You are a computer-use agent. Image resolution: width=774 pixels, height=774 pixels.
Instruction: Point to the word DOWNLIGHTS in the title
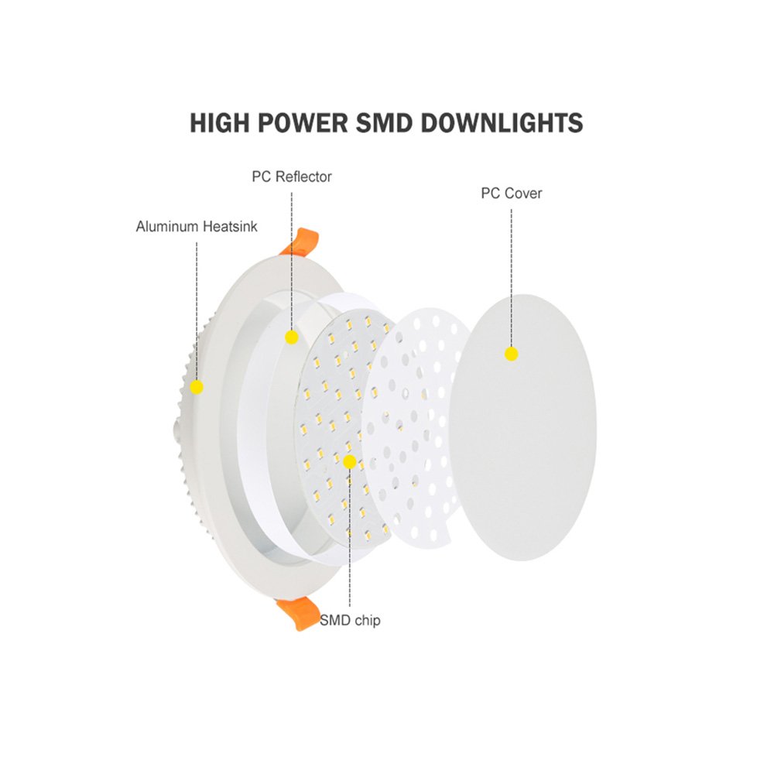(x=502, y=123)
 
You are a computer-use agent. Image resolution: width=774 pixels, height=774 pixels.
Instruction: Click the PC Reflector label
(x=292, y=176)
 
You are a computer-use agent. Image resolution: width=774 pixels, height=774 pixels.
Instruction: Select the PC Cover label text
(x=512, y=193)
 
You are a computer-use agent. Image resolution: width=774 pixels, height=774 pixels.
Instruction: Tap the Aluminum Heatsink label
(x=197, y=227)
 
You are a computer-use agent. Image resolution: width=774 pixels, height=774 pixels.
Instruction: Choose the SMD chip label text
(x=350, y=620)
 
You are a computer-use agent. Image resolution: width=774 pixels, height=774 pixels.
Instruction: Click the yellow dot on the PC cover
(x=512, y=354)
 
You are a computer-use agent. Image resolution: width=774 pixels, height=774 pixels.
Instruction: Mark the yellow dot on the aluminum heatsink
(x=197, y=387)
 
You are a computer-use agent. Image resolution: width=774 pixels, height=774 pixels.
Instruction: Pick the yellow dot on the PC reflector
(x=292, y=337)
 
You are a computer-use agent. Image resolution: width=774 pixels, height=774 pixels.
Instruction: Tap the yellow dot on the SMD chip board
(x=350, y=462)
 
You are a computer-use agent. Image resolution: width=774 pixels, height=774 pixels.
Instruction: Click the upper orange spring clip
(x=300, y=241)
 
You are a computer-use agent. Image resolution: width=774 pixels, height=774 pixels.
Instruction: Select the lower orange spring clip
(x=298, y=612)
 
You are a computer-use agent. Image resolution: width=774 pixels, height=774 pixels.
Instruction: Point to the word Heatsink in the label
(x=231, y=227)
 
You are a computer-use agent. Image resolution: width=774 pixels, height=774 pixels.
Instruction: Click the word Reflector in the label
(x=303, y=176)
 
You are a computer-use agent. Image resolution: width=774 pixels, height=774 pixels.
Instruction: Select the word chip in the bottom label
(x=367, y=621)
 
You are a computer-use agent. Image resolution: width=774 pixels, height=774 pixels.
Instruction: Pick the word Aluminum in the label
(x=168, y=227)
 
